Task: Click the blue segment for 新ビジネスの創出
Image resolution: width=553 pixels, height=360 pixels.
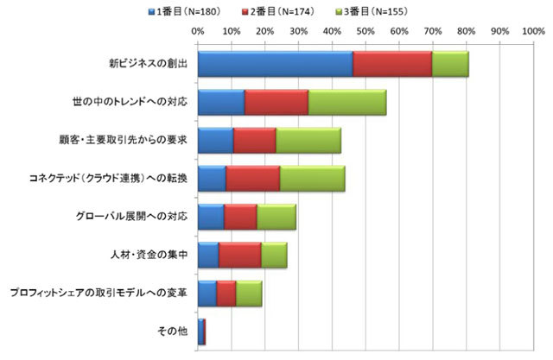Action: [275, 64]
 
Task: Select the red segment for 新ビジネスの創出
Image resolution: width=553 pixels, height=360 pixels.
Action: [392, 64]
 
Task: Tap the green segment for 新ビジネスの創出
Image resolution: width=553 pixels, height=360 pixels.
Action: [450, 64]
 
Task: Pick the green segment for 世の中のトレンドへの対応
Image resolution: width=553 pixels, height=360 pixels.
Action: [347, 102]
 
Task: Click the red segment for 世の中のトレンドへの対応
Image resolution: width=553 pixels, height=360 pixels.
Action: [276, 102]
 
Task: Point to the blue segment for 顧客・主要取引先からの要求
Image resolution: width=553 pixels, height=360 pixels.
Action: [215, 140]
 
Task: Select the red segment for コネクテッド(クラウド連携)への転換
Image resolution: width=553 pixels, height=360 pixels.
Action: [252, 179]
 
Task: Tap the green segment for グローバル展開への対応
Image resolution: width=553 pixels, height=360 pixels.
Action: [276, 217]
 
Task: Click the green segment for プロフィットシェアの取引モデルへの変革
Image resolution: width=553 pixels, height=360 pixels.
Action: [249, 294]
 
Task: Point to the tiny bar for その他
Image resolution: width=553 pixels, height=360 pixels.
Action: [201, 332]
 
